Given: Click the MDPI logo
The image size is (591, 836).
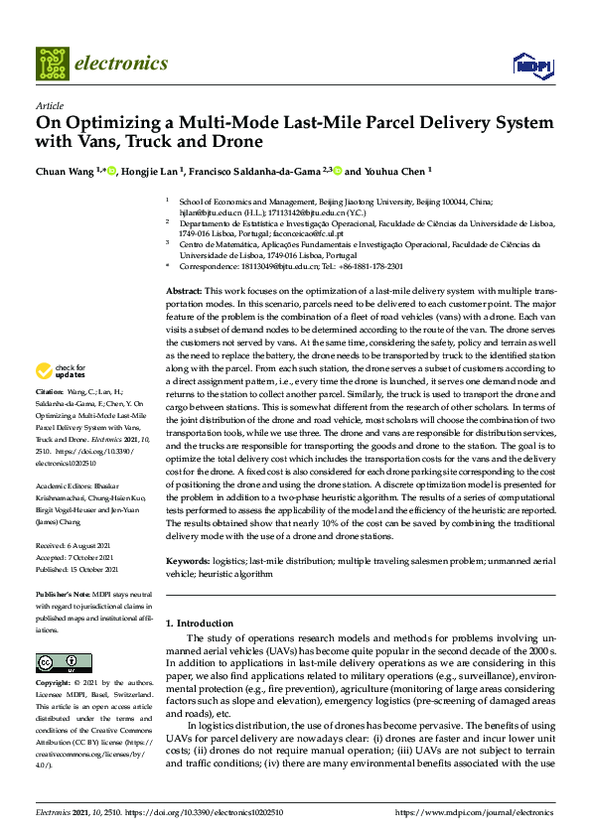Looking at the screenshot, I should coord(531,65).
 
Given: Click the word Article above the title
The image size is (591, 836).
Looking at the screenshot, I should coord(50,105).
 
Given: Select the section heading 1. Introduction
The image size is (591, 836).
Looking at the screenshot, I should coord(199,623).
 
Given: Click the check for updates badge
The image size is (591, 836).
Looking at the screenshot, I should coord(60,371).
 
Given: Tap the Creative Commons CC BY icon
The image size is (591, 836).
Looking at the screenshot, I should coord(57,662).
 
